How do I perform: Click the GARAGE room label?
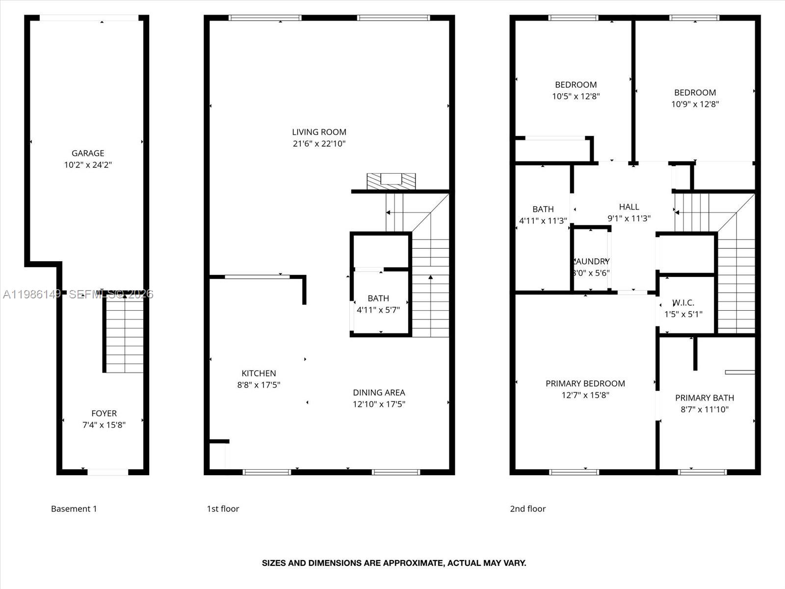[88, 153]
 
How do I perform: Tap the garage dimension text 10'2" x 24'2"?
[88, 165]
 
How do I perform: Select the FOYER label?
[104, 413]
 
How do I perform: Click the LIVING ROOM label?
[319, 132]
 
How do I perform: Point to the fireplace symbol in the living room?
[391, 181]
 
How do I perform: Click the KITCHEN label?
[259, 374]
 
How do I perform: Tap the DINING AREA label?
[379, 393]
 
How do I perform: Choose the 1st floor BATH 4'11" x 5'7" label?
[378, 298]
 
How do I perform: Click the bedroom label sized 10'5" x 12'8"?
[576, 85]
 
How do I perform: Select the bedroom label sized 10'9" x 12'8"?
[695, 93]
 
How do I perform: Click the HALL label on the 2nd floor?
[629, 207]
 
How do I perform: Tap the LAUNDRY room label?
[592, 262]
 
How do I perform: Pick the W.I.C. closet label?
[683, 303]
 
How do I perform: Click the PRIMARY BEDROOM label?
[585, 384]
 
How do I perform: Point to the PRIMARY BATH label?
[705, 398]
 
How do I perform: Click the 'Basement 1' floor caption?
[74, 509]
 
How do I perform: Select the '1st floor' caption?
[223, 509]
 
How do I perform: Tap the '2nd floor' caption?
[527, 509]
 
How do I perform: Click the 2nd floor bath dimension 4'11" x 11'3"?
[543, 221]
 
